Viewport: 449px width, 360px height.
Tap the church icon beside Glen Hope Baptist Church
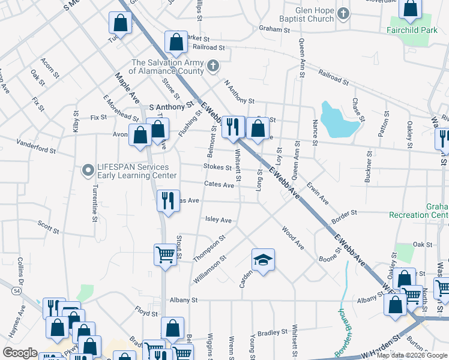click(343, 13)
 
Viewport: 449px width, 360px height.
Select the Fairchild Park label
click(412, 29)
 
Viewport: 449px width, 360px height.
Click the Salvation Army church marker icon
click(212, 66)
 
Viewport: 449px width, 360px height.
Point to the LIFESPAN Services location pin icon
click(88, 171)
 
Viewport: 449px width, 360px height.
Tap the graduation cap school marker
click(263, 260)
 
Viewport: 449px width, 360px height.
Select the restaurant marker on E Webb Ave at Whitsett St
click(233, 127)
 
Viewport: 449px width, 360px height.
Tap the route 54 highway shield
click(15, 290)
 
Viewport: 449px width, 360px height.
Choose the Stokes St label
click(217, 167)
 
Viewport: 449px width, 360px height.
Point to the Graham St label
click(274, 28)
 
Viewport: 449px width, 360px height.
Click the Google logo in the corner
click(20, 352)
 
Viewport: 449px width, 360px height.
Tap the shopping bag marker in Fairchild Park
click(411, 9)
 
